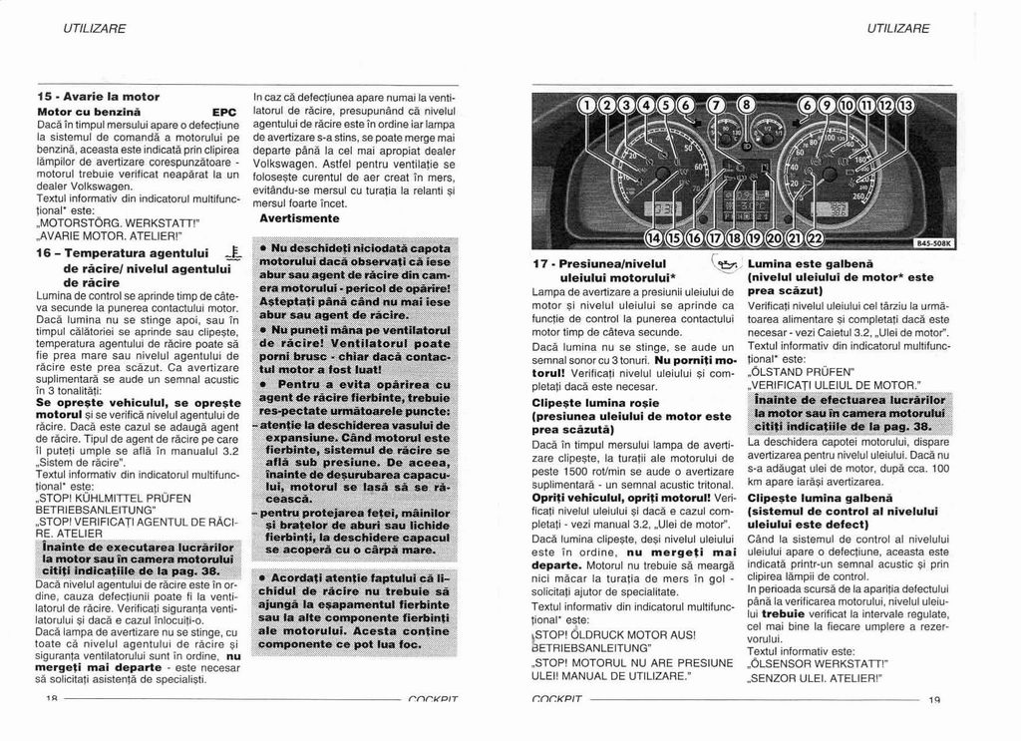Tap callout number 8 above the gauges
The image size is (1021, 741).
coord(745,106)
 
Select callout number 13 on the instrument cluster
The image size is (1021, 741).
coord(905,106)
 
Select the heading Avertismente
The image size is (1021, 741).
coord(299,217)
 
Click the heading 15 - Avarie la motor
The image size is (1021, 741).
coord(98,96)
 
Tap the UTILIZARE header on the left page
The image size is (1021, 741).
coord(95,28)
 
